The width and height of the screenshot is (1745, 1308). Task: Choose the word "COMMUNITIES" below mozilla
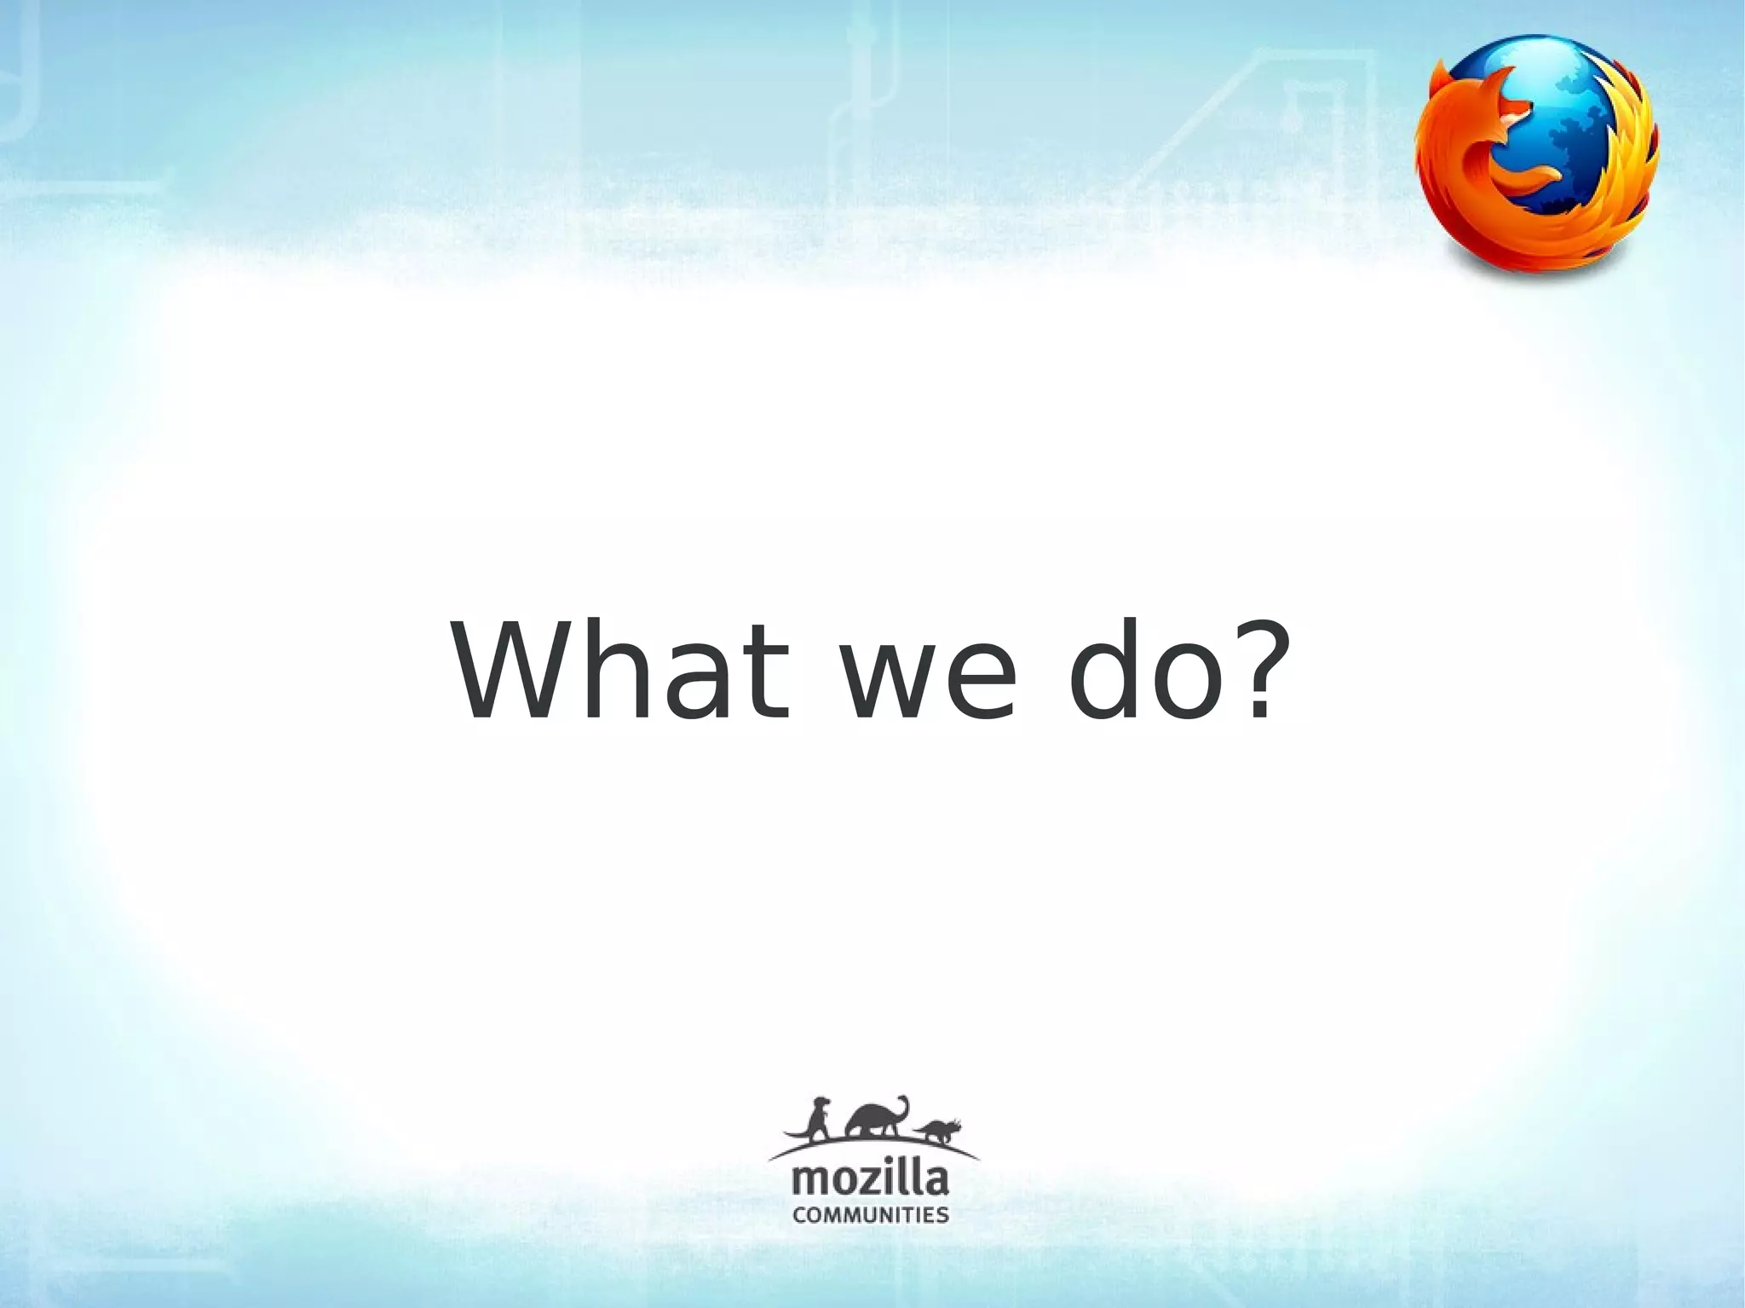[x=870, y=1214]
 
